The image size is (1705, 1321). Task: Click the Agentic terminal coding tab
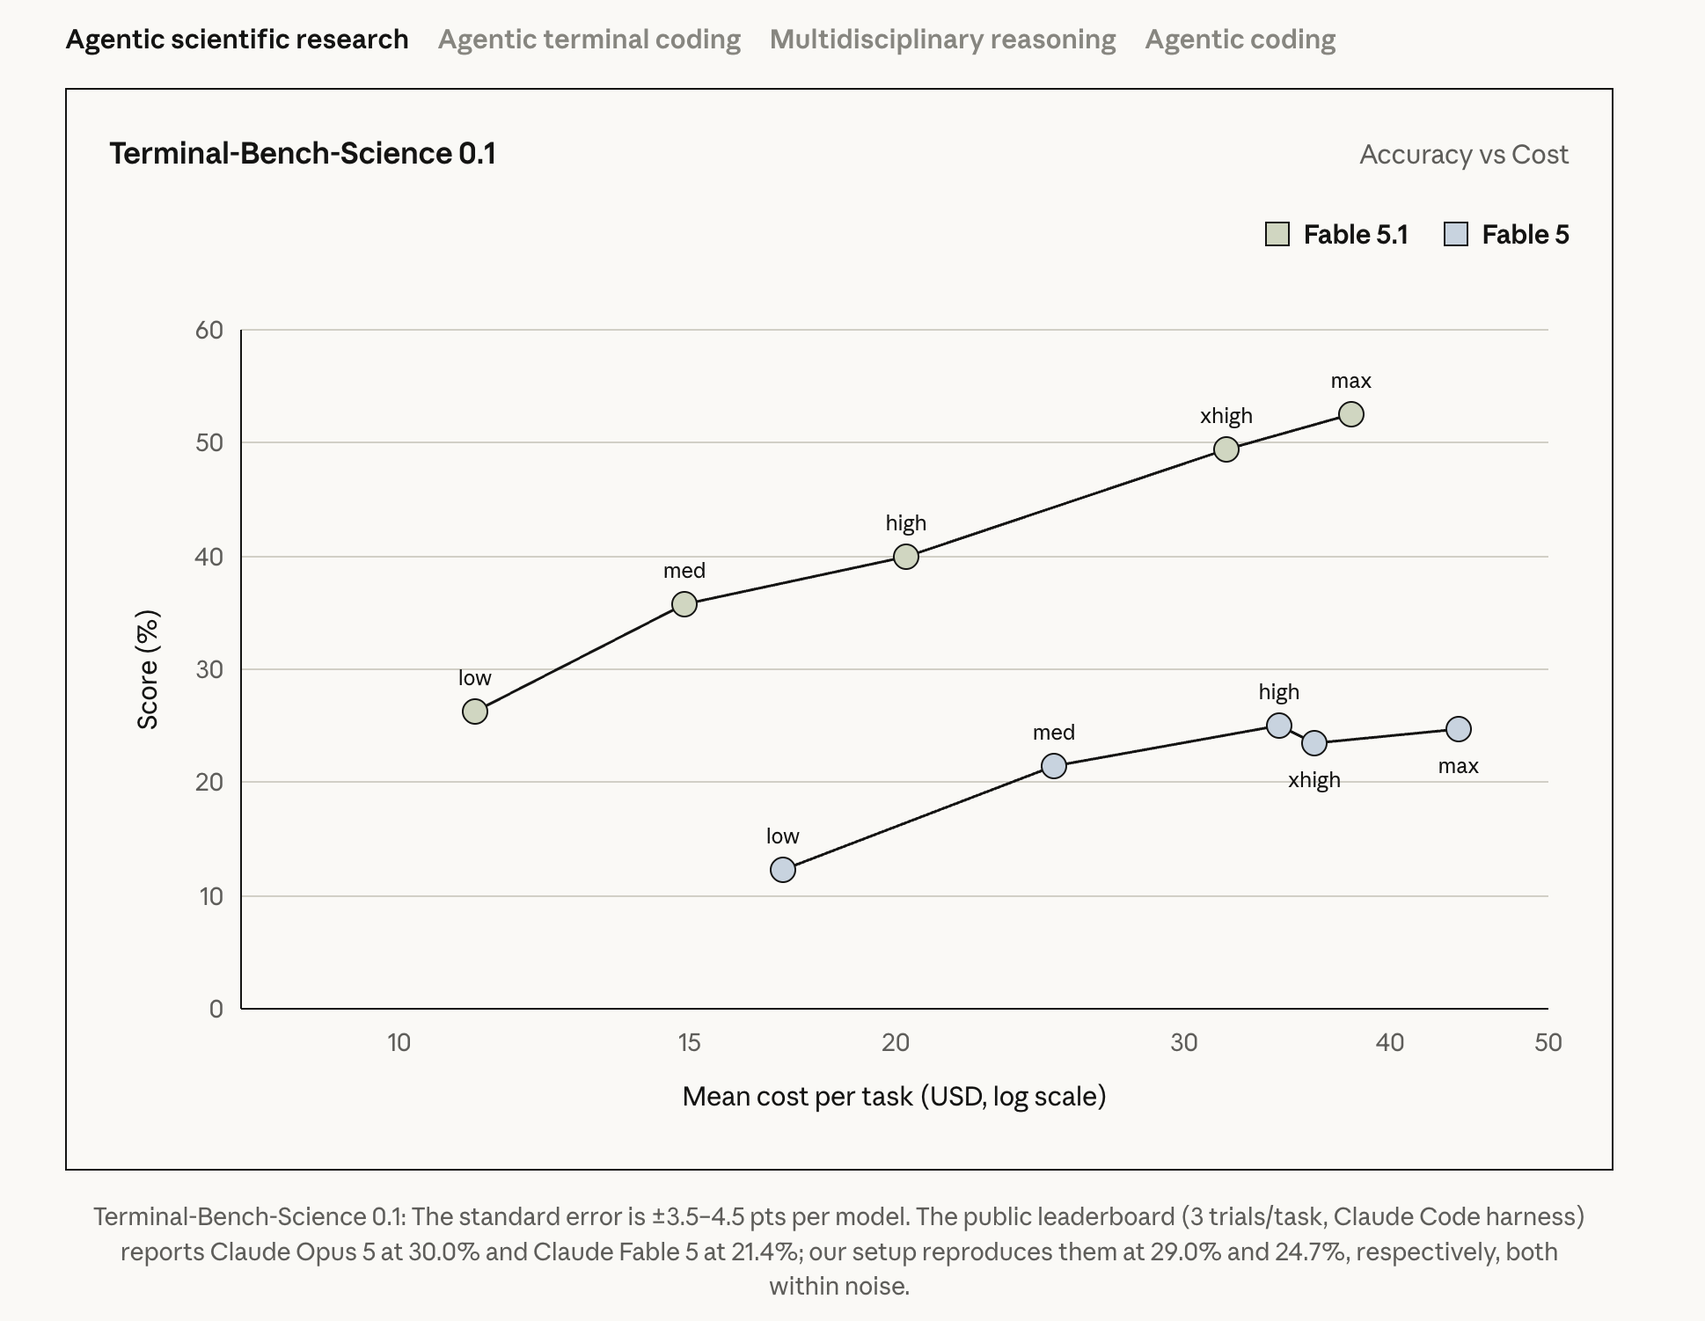[x=589, y=40]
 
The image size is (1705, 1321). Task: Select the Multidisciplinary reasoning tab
[x=942, y=40]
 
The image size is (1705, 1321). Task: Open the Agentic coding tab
[x=1240, y=40]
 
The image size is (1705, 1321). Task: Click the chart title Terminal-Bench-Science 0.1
[x=303, y=154]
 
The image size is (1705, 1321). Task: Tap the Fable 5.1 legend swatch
[x=1277, y=234]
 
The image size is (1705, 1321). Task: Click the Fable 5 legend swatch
[x=1456, y=234]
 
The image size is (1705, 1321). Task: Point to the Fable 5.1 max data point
[x=1351, y=414]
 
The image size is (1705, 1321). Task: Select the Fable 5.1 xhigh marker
[x=1226, y=449]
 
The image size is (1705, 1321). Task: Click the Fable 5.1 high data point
[x=906, y=557]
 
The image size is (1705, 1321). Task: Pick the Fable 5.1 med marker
[x=684, y=604]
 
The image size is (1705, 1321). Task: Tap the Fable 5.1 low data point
[x=475, y=712]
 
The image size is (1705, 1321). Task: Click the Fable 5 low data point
[x=783, y=870]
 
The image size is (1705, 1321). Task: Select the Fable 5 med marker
[x=1054, y=766]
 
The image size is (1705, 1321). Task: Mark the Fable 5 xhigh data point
[x=1314, y=743]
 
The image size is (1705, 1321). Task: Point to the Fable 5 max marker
[x=1459, y=729]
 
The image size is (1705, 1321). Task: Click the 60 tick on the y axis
[x=209, y=330]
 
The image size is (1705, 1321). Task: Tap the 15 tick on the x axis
[x=689, y=1042]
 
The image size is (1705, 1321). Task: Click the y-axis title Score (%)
[x=148, y=669]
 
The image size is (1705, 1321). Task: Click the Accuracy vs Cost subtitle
[x=1464, y=155]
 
